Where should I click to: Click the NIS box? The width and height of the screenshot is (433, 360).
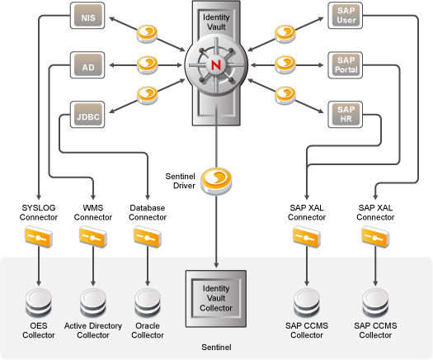(x=87, y=16)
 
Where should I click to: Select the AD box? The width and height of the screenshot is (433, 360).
(x=87, y=65)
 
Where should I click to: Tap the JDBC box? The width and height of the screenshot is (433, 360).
(x=87, y=115)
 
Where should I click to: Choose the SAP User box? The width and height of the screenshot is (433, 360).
(x=346, y=16)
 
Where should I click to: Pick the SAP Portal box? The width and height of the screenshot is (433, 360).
(x=346, y=65)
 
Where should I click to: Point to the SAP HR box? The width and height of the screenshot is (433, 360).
(x=346, y=115)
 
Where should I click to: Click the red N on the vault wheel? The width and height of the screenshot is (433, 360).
(x=216, y=65)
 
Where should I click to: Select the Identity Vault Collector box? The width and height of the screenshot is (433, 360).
(x=216, y=299)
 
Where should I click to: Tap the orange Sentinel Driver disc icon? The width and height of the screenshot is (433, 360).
(x=216, y=181)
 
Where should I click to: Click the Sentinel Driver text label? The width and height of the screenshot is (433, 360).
(x=180, y=181)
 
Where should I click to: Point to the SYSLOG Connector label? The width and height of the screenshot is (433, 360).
(x=39, y=212)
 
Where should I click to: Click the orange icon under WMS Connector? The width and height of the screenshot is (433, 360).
(x=93, y=237)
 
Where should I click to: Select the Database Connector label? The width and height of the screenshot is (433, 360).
(x=148, y=212)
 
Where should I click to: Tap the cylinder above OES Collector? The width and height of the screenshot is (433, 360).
(x=39, y=303)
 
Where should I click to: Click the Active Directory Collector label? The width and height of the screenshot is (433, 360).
(x=93, y=330)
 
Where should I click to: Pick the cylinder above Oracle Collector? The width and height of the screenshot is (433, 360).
(x=148, y=303)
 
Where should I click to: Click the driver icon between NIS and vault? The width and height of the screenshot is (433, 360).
(x=147, y=34)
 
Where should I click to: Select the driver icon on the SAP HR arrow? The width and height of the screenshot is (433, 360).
(x=285, y=96)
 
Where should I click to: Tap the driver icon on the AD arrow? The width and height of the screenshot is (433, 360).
(x=147, y=65)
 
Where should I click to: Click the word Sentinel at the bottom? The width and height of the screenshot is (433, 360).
(x=216, y=348)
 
